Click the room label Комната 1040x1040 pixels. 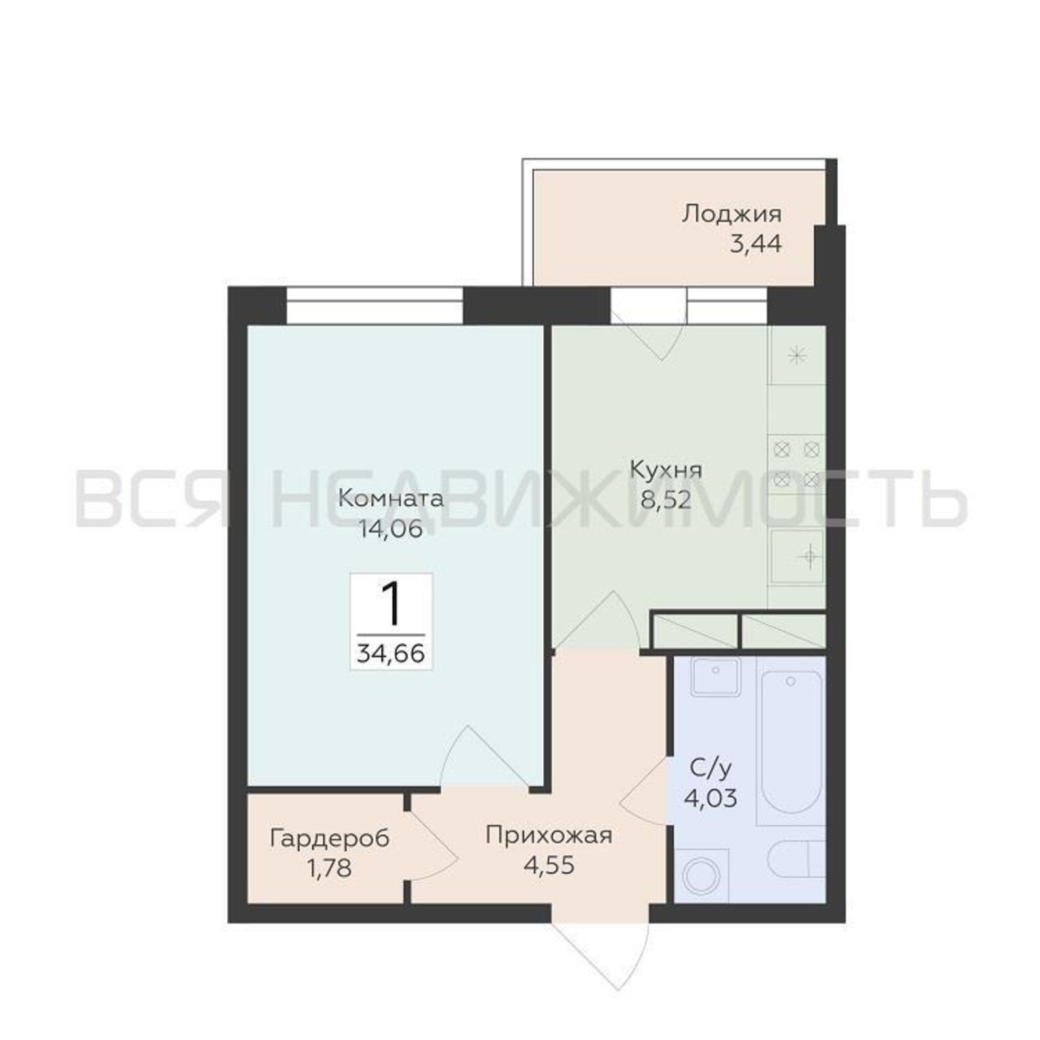pos(391,499)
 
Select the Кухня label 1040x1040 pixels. pos(666,470)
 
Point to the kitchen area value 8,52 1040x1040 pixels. pos(666,500)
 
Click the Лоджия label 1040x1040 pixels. pos(732,214)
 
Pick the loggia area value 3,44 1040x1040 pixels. pos(755,244)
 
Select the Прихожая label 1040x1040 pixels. pos(549,836)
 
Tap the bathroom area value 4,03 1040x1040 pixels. pos(710,798)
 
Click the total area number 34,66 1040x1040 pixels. pos(391,654)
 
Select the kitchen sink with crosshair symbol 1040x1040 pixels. pos(797,557)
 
